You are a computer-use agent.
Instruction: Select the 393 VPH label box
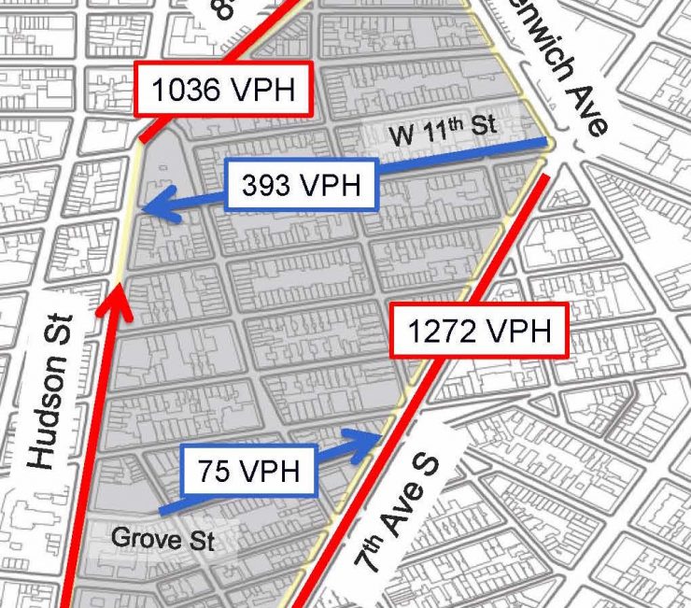(x=300, y=185)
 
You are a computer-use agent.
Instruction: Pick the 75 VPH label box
(x=248, y=470)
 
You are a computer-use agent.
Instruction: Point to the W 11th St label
(x=443, y=131)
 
